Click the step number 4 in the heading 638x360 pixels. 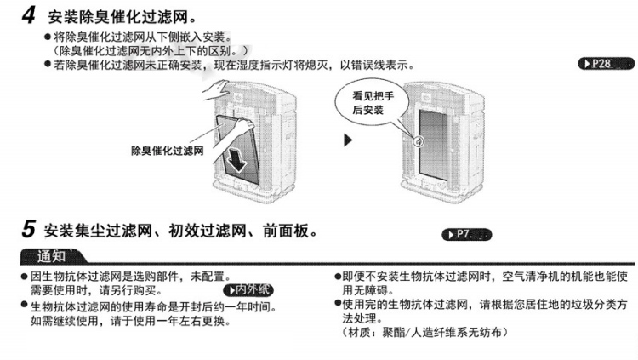pos(28,16)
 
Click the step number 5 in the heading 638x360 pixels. pos(28,230)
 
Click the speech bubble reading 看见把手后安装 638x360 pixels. pos(373,104)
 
